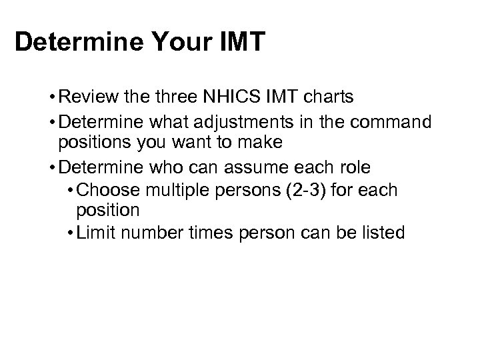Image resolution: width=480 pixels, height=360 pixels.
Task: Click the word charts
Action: click(330, 98)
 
